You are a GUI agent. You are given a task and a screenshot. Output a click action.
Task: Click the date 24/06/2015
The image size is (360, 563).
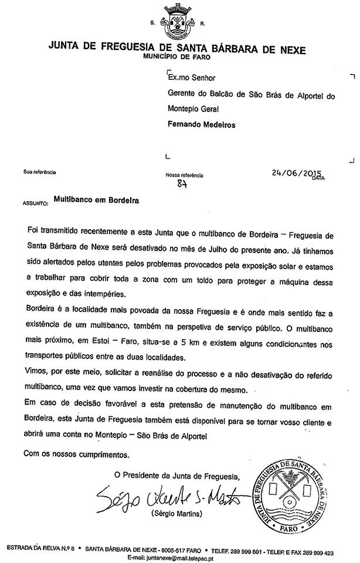coord(297,172)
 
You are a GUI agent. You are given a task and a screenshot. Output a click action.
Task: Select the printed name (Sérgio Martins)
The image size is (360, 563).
coord(177,513)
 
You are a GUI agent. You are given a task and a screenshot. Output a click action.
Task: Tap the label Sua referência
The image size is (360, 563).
coord(40,172)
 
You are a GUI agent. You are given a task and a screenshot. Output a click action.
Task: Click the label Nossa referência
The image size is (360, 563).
coord(185,175)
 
